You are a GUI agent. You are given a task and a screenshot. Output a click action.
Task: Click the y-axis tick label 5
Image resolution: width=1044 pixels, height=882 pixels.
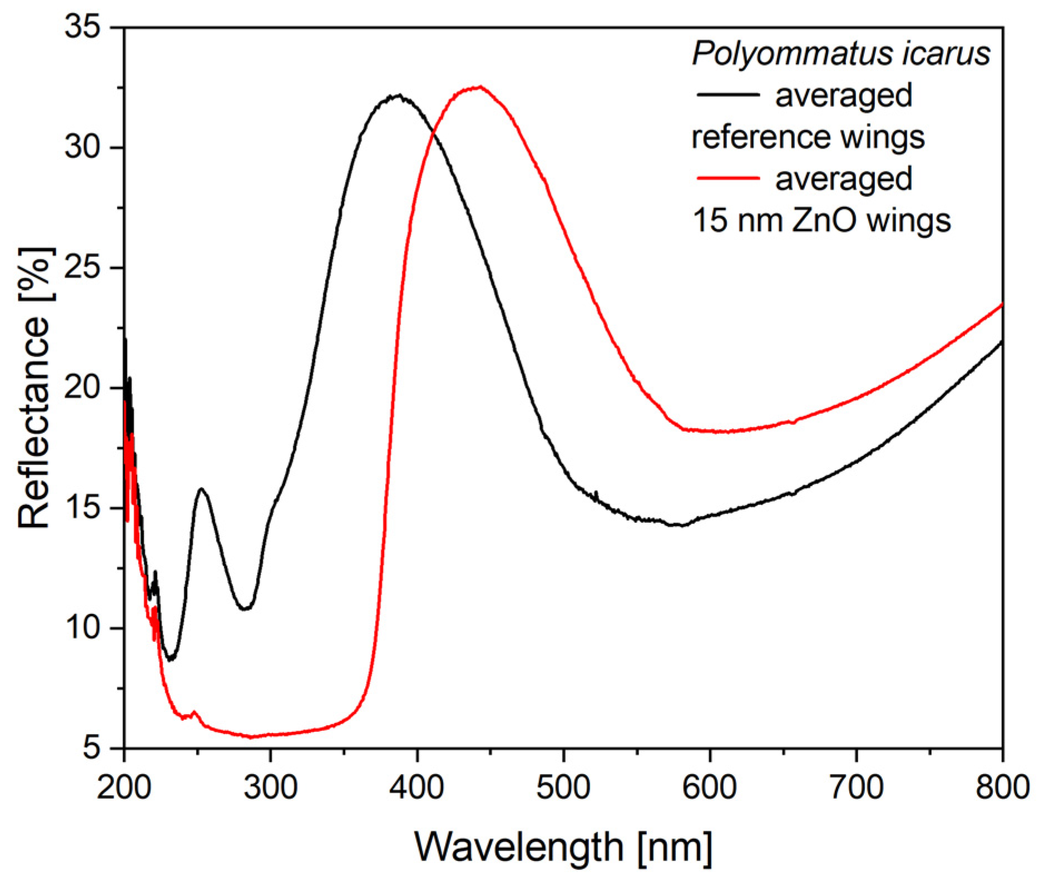(92, 748)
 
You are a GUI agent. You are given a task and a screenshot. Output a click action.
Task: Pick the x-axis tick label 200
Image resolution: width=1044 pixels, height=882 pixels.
(124, 788)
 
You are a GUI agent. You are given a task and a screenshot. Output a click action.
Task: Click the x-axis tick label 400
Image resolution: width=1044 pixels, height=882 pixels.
(417, 788)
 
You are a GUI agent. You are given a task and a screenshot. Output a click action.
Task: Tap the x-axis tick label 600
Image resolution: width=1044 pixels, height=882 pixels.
(710, 788)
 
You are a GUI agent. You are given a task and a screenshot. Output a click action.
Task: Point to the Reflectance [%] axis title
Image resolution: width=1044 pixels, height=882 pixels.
(34, 388)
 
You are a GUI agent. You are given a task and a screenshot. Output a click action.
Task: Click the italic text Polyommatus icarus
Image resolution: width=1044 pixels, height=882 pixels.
(841, 54)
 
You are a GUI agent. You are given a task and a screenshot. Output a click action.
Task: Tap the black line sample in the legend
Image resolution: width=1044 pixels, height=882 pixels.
(728, 95)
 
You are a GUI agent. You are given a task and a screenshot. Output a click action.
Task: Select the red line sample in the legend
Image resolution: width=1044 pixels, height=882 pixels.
(728, 178)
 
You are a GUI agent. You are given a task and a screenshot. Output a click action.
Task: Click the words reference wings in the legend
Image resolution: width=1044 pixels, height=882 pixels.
(808, 137)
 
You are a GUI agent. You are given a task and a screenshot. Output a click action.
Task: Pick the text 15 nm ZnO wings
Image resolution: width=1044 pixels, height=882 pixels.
(822, 220)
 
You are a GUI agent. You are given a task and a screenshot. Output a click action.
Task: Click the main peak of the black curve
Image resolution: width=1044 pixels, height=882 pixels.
(398, 96)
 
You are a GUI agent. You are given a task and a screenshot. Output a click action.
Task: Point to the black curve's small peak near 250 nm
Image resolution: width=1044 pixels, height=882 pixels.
(201, 489)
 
